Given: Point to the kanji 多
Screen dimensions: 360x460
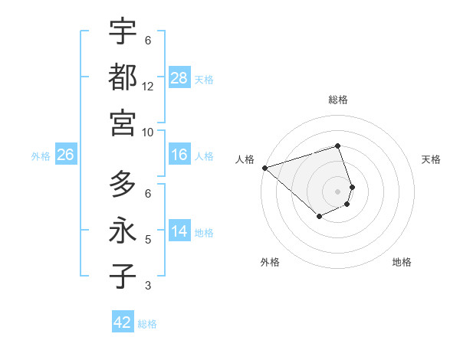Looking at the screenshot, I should click(123, 185).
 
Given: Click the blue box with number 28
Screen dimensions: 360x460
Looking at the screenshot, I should click(179, 77).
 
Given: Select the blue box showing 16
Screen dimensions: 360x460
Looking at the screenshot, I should click(179, 155).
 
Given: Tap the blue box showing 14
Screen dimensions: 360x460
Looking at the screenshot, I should click(179, 231).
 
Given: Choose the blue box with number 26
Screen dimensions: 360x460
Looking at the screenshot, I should click(65, 155).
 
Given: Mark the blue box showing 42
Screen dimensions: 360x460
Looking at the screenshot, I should click(123, 322).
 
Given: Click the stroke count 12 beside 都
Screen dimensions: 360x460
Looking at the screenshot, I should click(148, 86).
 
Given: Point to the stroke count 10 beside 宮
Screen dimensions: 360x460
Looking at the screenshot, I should click(148, 131).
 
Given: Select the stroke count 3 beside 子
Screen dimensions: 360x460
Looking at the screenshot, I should click(148, 286).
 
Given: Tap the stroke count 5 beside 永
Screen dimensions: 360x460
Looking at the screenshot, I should click(148, 240).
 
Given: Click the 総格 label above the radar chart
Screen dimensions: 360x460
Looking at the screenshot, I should click(338, 100).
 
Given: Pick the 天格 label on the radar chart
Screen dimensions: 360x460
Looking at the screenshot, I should click(432, 159).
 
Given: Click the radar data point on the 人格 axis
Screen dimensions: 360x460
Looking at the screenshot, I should click(264, 167).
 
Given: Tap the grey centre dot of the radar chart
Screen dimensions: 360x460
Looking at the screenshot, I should click(338, 191).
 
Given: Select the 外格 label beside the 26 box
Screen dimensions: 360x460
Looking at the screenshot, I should click(41, 155).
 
